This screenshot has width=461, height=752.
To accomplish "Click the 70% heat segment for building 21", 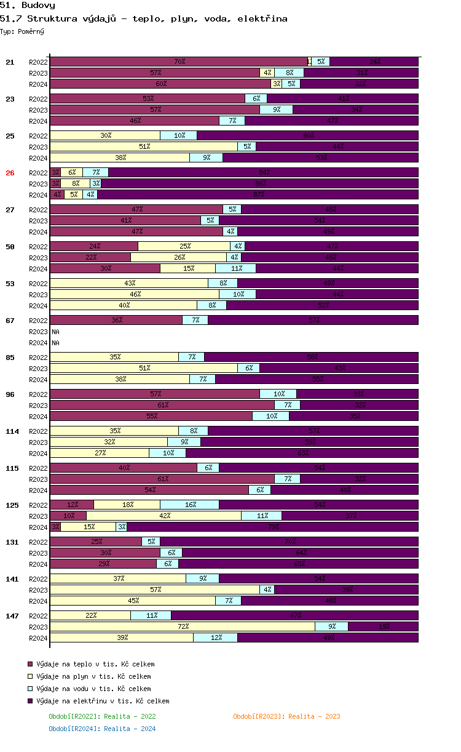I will [x=179, y=62].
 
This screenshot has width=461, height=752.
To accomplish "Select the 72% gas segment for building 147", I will [x=183, y=626].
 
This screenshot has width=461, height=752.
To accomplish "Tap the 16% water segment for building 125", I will [x=190, y=505].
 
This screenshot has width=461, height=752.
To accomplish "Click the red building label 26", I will [x=10, y=173].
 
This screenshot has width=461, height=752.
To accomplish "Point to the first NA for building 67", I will [x=55, y=332].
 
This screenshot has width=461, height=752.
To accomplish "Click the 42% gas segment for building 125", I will [x=164, y=516].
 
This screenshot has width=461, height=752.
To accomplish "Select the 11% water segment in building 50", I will [x=235, y=268].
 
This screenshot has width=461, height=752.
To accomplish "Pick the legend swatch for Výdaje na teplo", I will [x=30, y=664].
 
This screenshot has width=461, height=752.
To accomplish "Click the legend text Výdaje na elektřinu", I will [x=103, y=701].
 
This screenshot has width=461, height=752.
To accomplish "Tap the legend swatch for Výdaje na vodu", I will [x=30, y=689].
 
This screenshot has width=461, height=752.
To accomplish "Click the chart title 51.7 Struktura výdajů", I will [x=144, y=18].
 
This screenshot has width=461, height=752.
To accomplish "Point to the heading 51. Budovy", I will [x=28, y=6].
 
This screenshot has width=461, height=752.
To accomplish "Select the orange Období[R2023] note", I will [x=286, y=716].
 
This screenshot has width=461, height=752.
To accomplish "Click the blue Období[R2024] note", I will [x=102, y=729].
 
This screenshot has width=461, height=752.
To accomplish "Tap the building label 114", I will [x=12, y=431].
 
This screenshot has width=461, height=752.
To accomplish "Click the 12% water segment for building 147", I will [x=216, y=638].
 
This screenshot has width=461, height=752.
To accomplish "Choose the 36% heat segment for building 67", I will [x=116, y=320].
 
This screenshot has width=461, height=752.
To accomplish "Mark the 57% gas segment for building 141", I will [x=155, y=590].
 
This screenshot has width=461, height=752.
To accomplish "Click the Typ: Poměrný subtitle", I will [x=22, y=31].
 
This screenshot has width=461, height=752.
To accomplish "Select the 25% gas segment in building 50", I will [x=184, y=246].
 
